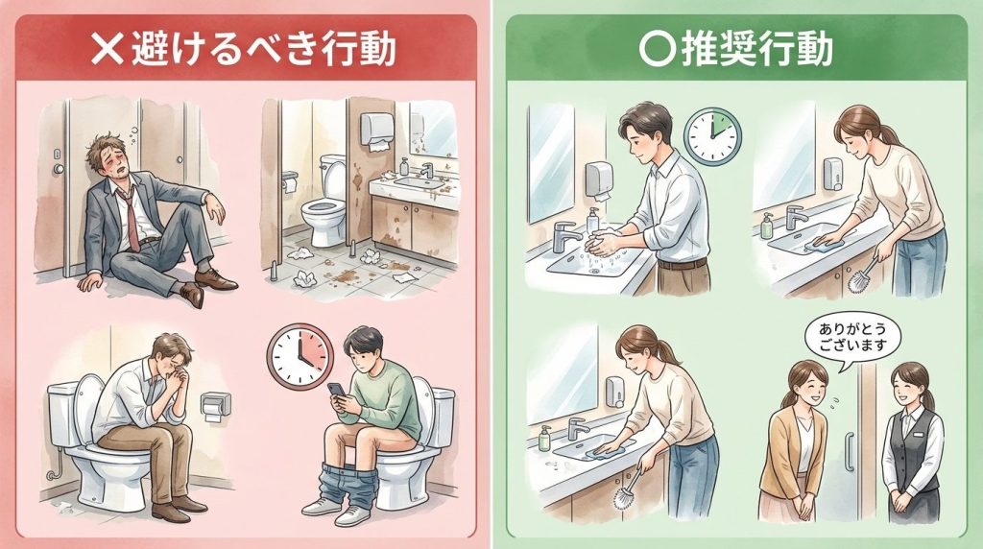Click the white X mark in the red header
[x=108, y=49]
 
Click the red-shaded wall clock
[x=300, y=357]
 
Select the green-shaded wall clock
[x=712, y=136]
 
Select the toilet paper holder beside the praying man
[x=216, y=406]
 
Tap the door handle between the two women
[x=851, y=451]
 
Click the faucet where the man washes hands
[x=565, y=236]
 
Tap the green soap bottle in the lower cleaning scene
[x=544, y=438]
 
